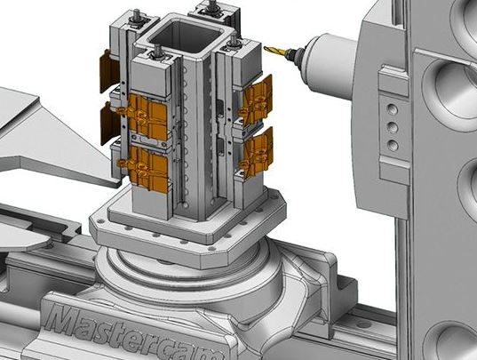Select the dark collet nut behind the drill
pos(296,54)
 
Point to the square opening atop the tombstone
pos(185,35)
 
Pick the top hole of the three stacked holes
pos(392,108)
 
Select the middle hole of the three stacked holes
pos(393,127)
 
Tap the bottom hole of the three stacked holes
pos(394,146)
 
